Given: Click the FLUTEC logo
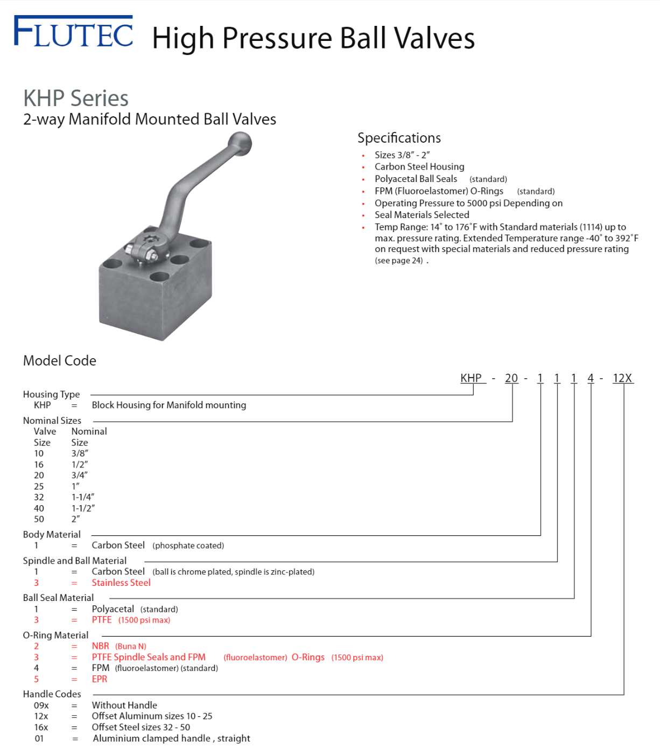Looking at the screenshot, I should click(73, 32).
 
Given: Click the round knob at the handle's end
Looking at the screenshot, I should click(240, 143).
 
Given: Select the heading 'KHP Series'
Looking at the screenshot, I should click(76, 99).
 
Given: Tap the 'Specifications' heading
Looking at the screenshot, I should click(399, 138).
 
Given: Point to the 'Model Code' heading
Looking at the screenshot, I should click(60, 361).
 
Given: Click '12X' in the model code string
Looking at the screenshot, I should click(622, 378).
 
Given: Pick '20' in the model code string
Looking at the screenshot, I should click(511, 378).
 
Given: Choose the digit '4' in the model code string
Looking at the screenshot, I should click(591, 378).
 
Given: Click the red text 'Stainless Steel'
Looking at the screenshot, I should click(121, 583).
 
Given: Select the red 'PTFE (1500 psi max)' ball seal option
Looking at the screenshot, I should click(131, 620).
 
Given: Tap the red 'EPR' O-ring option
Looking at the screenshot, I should click(100, 679).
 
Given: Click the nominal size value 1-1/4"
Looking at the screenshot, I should click(83, 497).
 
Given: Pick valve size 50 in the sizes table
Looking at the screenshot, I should click(39, 519).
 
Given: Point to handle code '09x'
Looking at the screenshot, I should click(41, 705).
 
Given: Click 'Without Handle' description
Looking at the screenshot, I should click(124, 705).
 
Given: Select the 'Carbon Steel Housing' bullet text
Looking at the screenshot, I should click(419, 167).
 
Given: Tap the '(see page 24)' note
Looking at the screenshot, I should click(399, 261).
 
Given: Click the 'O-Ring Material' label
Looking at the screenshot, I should click(55, 635).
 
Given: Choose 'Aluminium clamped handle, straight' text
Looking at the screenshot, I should click(171, 738).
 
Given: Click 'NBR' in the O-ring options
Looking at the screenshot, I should click(101, 646).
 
